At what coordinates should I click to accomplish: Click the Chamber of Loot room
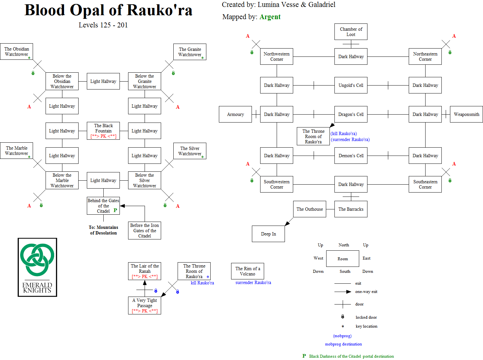tap(351, 32)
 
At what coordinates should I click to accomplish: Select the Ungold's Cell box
tap(351, 85)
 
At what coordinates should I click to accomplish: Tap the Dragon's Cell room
tap(351, 114)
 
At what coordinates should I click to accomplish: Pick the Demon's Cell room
tap(351, 156)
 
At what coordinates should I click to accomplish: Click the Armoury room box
tap(235, 114)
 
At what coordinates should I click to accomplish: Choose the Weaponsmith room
tap(466, 114)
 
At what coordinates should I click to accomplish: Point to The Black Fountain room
tap(103, 131)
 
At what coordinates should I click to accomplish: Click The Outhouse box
tap(310, 209)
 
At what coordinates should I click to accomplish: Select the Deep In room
tap(268, 234)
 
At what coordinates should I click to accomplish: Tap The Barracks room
tap(351, 209)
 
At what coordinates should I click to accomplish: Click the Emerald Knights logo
tap(37, 267)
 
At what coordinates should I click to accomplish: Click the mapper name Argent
tap(270, 17)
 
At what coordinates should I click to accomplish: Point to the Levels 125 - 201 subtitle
tap(103, 25)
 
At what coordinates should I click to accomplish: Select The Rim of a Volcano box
tap(248, 271)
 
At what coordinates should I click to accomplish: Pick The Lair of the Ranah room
tap(145, 271)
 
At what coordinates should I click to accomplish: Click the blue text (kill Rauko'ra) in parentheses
tap(344, 133)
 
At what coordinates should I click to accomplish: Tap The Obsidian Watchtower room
tap(17, 52)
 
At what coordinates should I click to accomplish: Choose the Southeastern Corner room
tap(425, 184)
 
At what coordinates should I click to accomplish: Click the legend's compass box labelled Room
tap(343, 259)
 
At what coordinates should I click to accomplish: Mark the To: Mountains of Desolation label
tap(103, 230)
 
